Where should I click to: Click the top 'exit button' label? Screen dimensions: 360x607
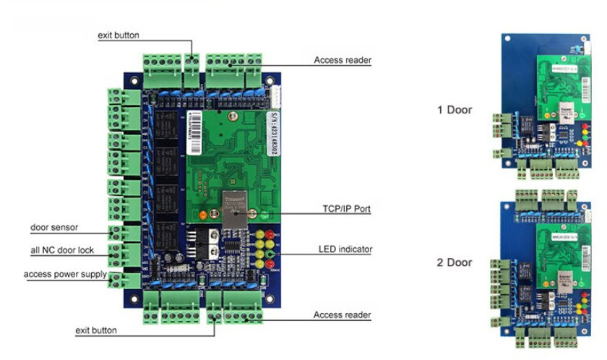(119, 35)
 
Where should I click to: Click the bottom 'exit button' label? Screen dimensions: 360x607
(96, 330)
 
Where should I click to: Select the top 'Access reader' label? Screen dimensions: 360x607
(343, 60)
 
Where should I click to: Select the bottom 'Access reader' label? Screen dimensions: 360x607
(343, 315)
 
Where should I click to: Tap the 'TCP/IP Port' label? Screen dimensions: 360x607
(347, 209)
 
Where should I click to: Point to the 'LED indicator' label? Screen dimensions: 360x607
(345, 249)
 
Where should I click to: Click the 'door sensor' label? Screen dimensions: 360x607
(54, 227)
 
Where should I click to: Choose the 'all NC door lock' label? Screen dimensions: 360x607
(61, 250)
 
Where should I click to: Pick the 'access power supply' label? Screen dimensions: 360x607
(65, 275)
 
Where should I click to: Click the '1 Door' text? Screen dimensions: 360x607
(455, 110)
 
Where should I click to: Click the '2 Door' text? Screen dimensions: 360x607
(455, 262)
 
